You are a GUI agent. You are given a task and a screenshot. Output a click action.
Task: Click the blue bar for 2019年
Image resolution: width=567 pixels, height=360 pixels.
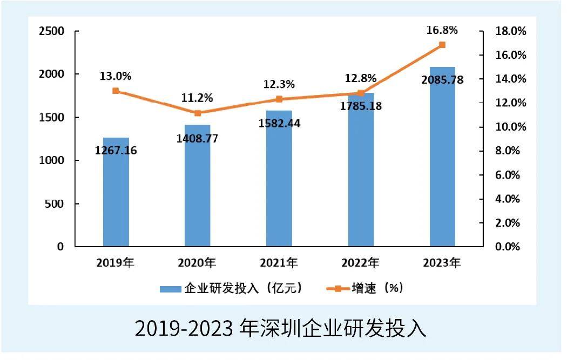(116, 200)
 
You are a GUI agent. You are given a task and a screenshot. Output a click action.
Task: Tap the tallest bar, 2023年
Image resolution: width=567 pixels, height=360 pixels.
(442, 162)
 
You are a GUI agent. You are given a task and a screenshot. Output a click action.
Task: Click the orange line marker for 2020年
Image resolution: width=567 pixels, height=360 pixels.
(198, 113)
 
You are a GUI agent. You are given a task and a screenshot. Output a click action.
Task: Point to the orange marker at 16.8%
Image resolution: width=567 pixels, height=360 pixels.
(442, 45)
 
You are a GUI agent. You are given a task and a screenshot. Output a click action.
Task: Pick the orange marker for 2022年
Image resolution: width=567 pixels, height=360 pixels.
(361, 93)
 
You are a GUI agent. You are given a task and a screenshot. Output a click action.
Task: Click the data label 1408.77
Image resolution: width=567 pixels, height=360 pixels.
(198, 139)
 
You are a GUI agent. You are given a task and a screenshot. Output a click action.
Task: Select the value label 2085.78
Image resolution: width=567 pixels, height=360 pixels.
(442, 80)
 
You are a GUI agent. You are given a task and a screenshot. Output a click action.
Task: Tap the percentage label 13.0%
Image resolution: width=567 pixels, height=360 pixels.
(116, 76)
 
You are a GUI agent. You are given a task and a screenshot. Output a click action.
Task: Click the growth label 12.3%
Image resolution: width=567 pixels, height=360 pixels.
(279, 84)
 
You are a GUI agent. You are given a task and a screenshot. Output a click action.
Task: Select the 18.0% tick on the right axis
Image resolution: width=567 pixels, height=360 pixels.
(511, 31)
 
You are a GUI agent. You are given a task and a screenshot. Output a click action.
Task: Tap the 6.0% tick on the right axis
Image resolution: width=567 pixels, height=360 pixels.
(508, 175)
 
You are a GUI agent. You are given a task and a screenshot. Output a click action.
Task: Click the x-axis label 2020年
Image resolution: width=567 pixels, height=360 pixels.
(197, 263)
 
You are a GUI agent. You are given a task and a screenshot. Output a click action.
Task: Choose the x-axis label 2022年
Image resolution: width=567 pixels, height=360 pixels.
(360, 263)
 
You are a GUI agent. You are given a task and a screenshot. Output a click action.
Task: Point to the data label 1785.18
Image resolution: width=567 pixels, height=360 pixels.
(361, 106)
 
